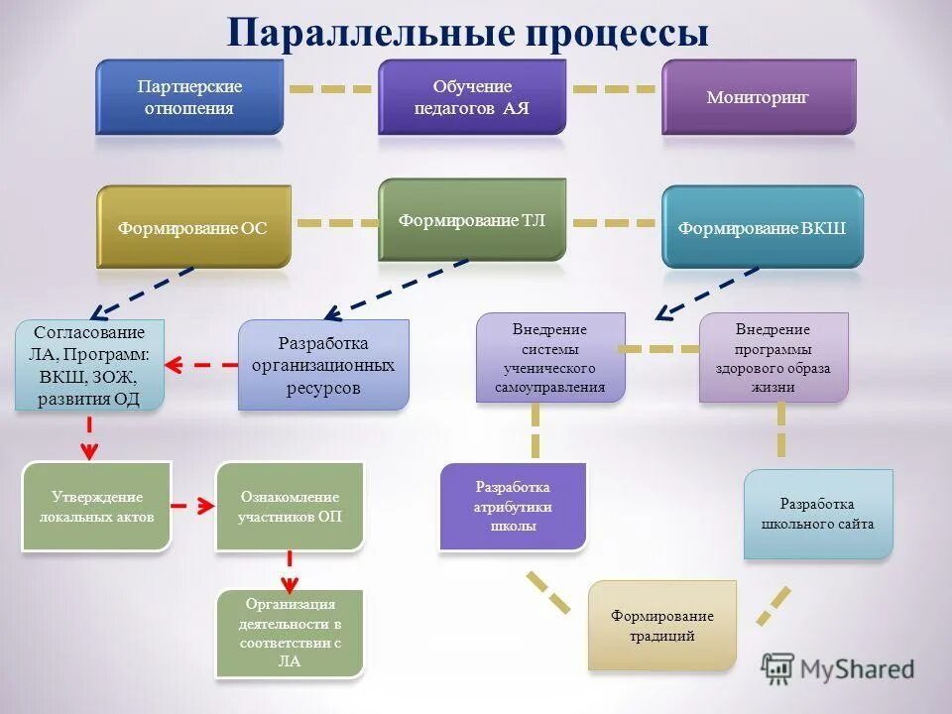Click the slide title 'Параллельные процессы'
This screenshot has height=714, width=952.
467,32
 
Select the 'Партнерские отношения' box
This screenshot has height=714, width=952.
189,97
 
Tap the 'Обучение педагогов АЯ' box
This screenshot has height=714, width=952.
472,97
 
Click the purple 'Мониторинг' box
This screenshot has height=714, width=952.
759,97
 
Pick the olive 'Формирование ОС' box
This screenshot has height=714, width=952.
193,227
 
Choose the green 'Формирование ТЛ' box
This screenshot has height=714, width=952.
472,219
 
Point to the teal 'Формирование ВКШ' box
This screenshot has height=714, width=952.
762,227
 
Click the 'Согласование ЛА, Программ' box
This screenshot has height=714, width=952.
89,366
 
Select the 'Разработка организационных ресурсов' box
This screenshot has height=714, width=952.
323,365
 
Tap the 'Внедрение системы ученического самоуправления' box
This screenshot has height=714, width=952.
550,358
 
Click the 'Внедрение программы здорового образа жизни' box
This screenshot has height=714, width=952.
773,358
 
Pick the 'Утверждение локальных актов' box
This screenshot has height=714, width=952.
97,507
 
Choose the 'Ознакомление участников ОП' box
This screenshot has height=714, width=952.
290,507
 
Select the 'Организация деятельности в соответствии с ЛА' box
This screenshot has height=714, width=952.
290,634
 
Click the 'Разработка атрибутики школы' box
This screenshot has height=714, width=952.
513,507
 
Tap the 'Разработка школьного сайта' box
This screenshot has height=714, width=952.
818,514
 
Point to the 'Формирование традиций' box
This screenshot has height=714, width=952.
662,626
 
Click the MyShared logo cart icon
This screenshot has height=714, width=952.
778,669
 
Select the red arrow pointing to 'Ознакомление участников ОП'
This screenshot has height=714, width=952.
193,507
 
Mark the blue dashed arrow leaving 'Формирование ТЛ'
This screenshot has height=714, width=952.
397,290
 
